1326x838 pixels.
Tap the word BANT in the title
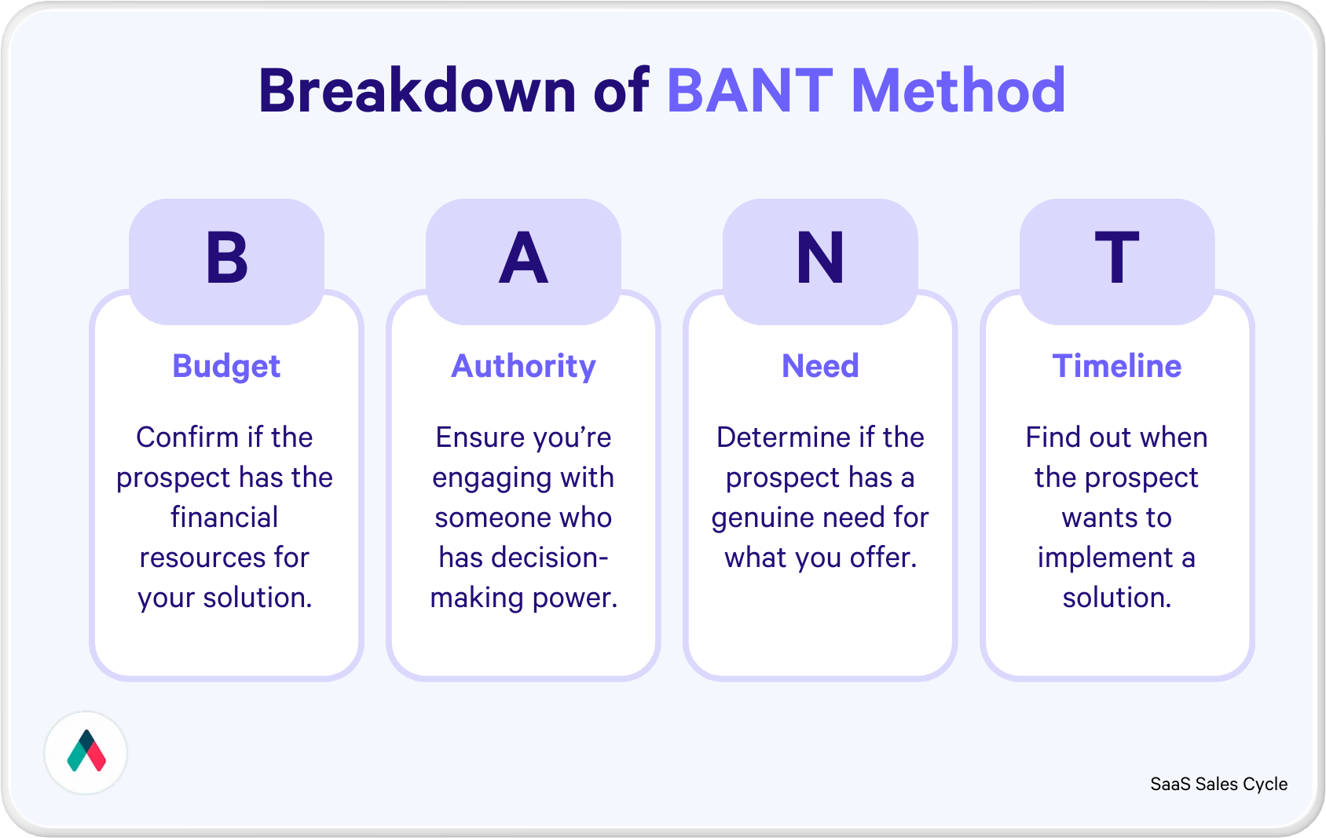click(749, 91)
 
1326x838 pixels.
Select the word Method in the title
click(958, 91)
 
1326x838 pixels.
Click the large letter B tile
click(226, 260)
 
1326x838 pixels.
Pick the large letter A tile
click(523, 260)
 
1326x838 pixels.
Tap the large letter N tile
click(820, 260)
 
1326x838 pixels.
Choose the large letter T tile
click(1117, 260)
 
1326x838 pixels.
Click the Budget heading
click(226, 367)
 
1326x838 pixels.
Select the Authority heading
click(523, 367)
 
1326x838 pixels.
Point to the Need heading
click(820, 366)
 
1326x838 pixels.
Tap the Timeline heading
click(1117, 366)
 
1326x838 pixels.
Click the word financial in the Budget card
click(225, 518)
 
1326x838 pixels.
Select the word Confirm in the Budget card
click(187, 437)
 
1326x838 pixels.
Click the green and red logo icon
click(86, 752)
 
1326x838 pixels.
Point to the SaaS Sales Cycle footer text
click(1218, 784)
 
